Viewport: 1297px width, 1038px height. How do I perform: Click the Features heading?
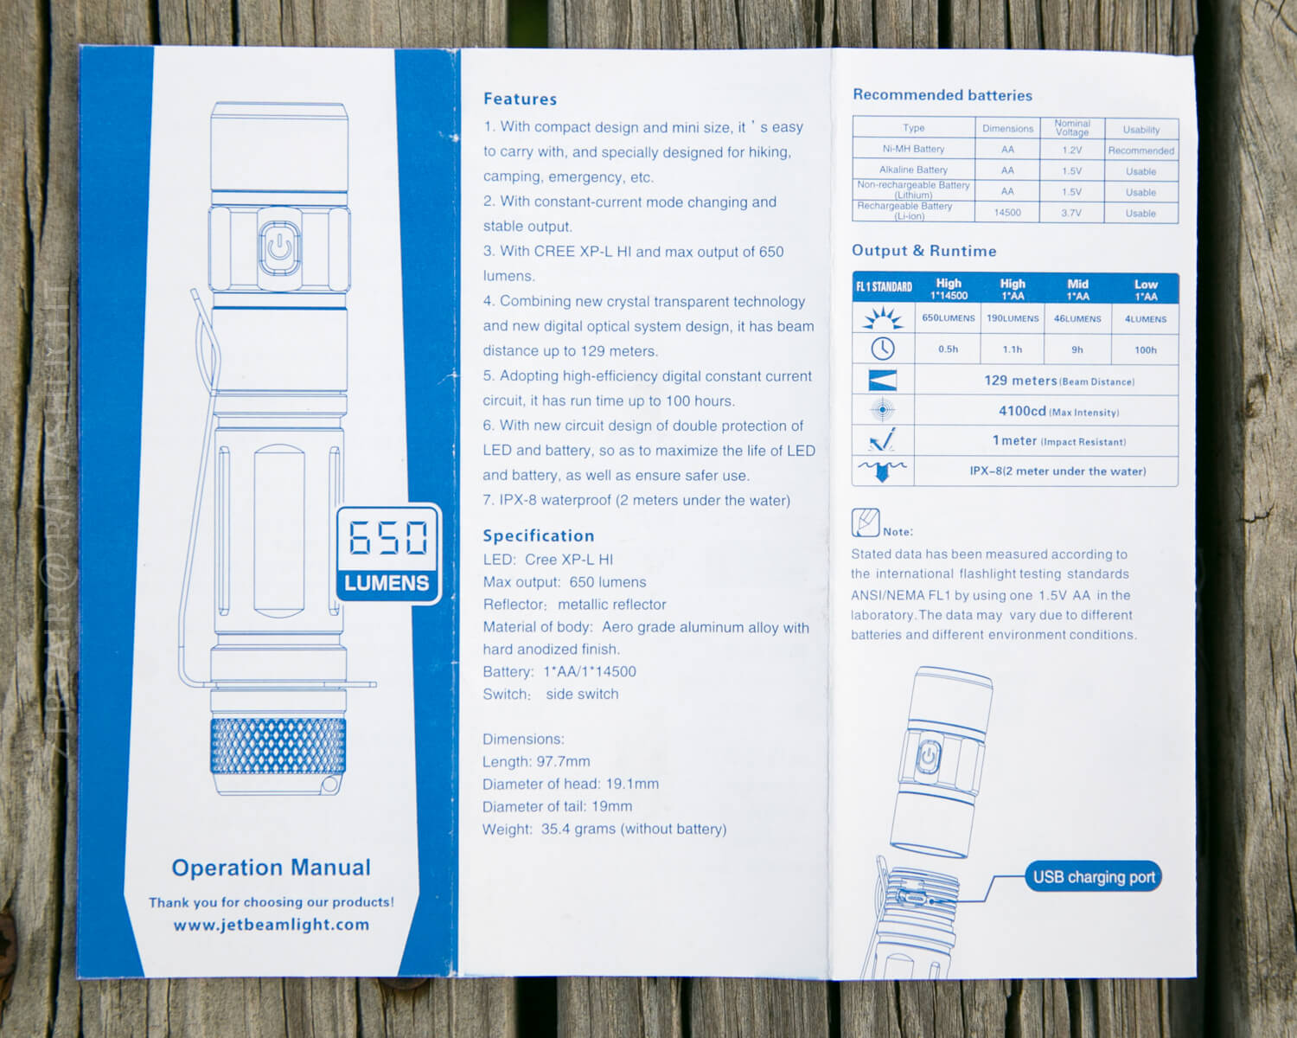pos(520,99)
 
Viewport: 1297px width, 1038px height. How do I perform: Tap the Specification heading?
pos(538,535)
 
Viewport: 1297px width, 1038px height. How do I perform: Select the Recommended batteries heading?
pos(942,95)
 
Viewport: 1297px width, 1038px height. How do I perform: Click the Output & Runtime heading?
pos(924,251)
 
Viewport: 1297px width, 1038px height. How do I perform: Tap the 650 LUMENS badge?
pos(389,554)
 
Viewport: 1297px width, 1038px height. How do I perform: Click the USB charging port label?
pos(1093,877)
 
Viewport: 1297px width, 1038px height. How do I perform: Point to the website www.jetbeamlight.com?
pos(272,925)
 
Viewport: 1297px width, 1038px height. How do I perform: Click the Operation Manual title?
pos(272,868)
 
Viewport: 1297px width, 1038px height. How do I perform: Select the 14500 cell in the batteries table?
pos(1007,212)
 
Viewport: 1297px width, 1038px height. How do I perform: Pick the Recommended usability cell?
pos(1140,151)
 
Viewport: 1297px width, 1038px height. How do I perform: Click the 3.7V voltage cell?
pos(1071,212)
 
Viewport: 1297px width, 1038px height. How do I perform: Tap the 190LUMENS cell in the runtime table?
pos(1013,317)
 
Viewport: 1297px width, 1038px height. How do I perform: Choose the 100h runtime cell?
pos(1145,349)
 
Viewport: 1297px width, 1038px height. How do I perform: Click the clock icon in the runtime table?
pos(882,349)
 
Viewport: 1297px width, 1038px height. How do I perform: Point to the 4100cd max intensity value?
pos(1022,411)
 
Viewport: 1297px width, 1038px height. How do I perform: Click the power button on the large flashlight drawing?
pos(279,248)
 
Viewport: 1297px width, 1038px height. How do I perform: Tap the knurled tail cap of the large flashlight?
pos(278,746)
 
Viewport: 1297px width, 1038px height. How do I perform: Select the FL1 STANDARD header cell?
pos(884,287)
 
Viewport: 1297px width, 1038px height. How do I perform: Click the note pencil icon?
pos(866,522)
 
